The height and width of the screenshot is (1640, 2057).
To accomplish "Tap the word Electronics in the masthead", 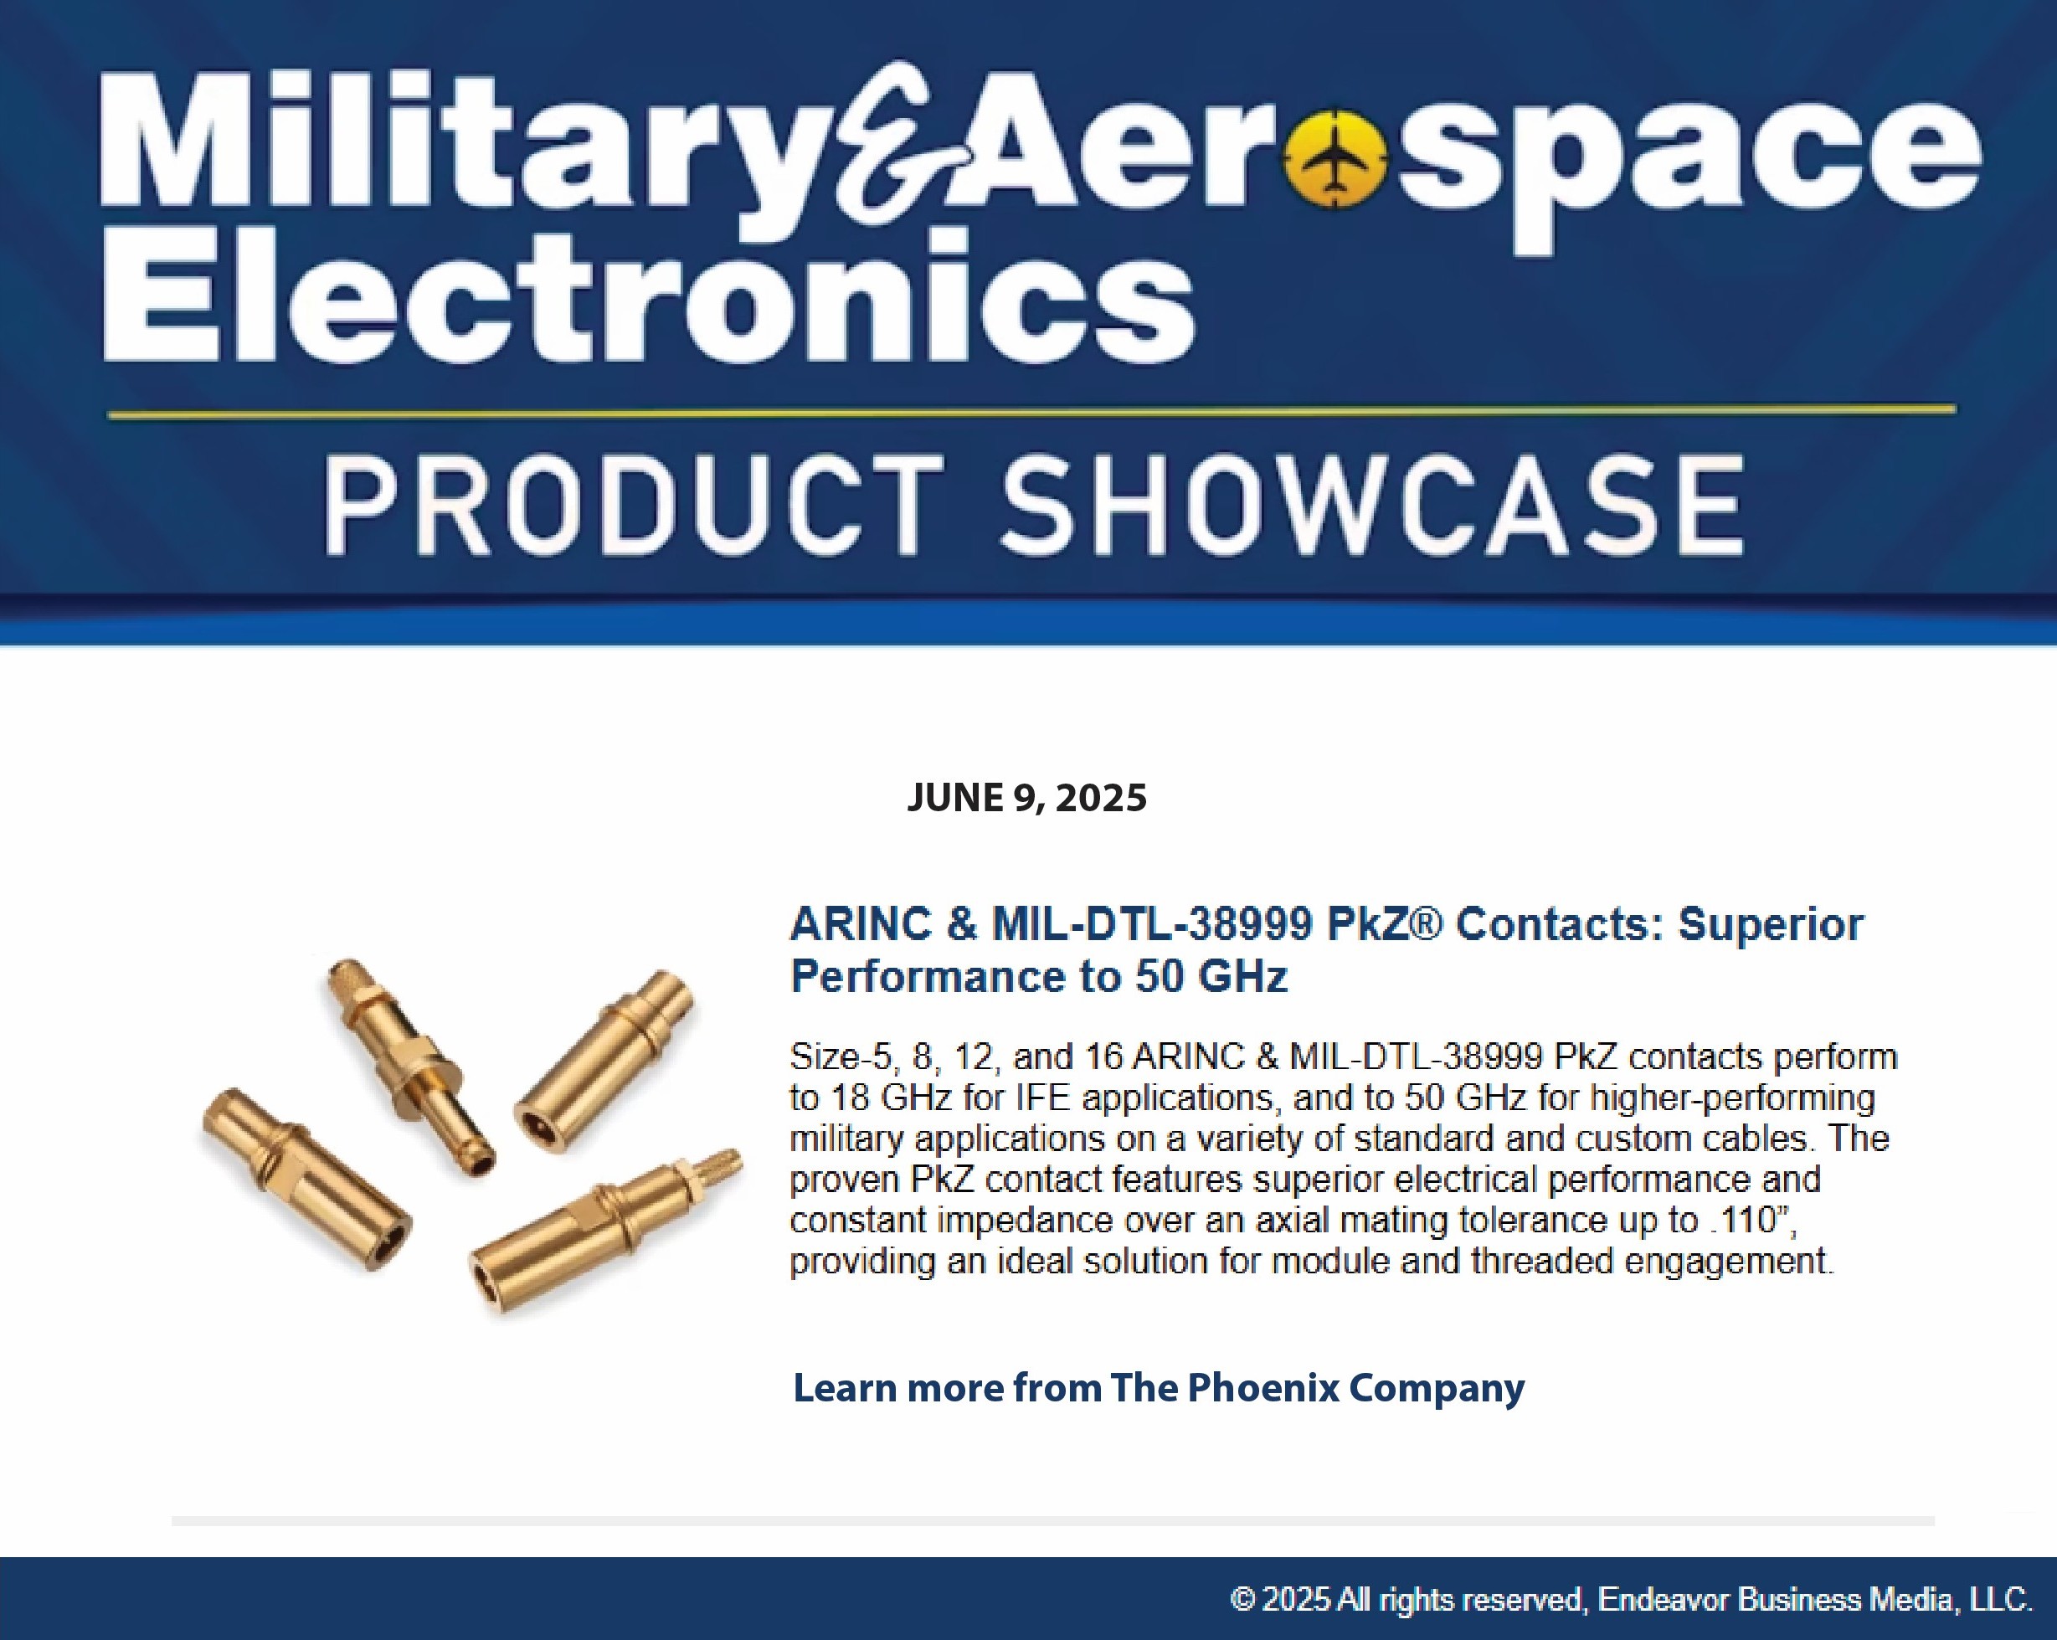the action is coord(648,296).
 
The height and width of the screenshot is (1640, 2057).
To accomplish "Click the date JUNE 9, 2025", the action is coord(1026,798).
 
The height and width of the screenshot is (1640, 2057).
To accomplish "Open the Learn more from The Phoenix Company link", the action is coord(1158,1388).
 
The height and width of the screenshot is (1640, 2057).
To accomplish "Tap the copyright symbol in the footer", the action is coord(1242,1599).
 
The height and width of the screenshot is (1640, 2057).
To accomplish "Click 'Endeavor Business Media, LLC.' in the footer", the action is coord(1815,1600).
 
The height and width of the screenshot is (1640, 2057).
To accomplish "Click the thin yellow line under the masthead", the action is coord(1032,412).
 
